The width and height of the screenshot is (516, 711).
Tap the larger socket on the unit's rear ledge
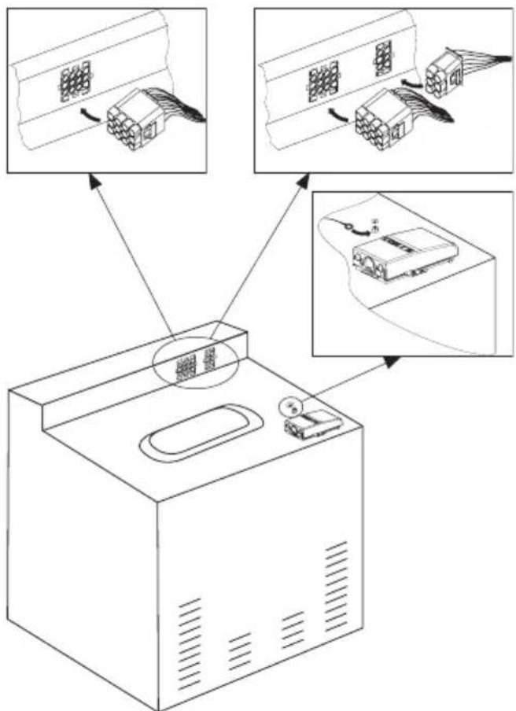[186, 367]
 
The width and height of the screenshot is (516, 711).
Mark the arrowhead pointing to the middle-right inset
[391, 361]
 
